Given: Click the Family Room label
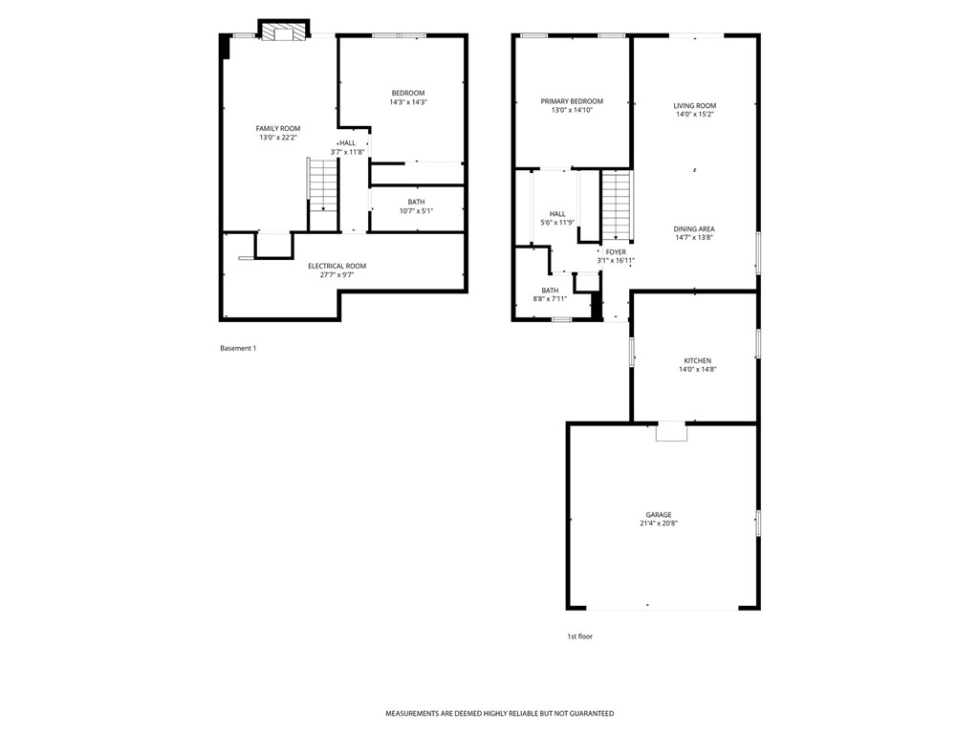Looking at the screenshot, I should pos(277,128).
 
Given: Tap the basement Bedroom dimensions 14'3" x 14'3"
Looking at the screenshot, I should pos(407,102).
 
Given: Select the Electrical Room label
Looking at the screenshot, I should pos(337,266).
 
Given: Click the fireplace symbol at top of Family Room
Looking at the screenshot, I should pos(285,32).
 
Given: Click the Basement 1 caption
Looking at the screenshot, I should pos(238,348).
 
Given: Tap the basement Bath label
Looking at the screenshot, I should pos(416,202).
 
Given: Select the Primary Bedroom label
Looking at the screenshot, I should pos(572,101).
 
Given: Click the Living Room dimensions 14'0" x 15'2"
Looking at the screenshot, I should pos(694,115).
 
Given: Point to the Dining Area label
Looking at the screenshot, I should pos(694,228).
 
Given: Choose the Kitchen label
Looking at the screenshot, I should pos(697,360).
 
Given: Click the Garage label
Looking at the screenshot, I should pos(658,514).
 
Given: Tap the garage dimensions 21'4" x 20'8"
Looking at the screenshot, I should pos(658,524).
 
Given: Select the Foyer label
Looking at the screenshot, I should pos(616,252).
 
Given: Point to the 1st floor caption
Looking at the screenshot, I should pos(579,636).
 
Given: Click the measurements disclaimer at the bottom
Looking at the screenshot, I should pos(499,713).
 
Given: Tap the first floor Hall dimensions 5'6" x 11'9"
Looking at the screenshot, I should pos(556,223).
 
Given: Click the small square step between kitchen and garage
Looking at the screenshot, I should pos(671,432).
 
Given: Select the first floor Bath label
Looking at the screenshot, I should pos(550,290).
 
